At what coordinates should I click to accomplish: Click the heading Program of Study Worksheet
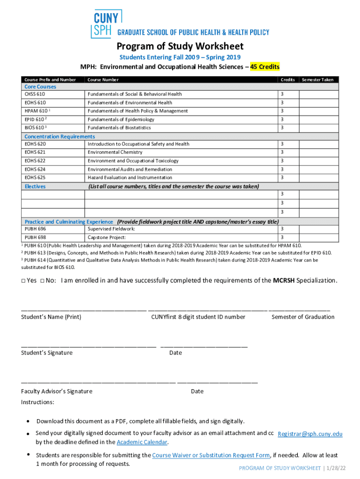point(180,46)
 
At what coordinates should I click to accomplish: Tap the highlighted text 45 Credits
point(265,66)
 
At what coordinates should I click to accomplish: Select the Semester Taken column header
point(317,80)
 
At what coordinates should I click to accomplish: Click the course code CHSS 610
point(35,94)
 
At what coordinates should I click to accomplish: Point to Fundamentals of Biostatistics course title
point(119,128)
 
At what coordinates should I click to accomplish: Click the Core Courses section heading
point(40,87)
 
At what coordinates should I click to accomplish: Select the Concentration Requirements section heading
point(59,136)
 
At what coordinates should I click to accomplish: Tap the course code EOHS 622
point(35,161)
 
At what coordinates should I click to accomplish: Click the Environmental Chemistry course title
point(115,152)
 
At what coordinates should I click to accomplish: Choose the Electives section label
point(35,186)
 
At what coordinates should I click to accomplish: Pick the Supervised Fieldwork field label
point(111,229)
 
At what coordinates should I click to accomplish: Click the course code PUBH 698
point(35,238)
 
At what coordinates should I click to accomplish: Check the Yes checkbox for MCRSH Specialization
point(23,281)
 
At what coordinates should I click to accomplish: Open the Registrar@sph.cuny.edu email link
point(310,434)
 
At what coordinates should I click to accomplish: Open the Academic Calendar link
point(142,442)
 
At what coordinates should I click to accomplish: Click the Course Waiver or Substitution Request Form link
point(211,455)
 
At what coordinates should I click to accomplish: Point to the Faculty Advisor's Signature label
point(57,391)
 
